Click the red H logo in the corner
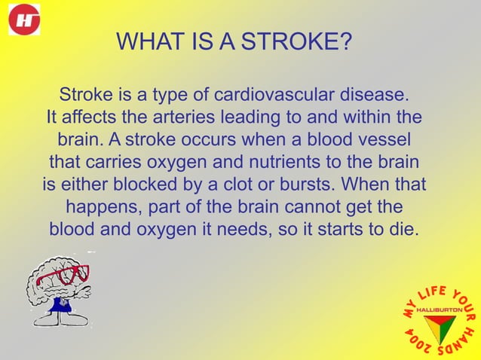pos(24,20)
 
